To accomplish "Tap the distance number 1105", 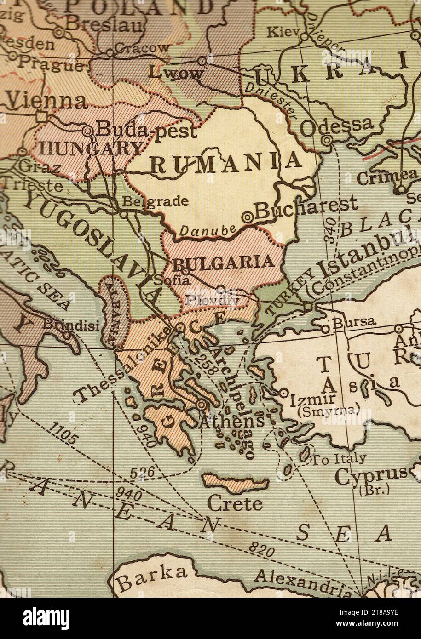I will (62, 434).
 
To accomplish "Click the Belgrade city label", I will (155, 201).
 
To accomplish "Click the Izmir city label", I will (312, 399).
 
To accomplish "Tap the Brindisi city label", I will (71, 325).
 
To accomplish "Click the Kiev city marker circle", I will (304, 36).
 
